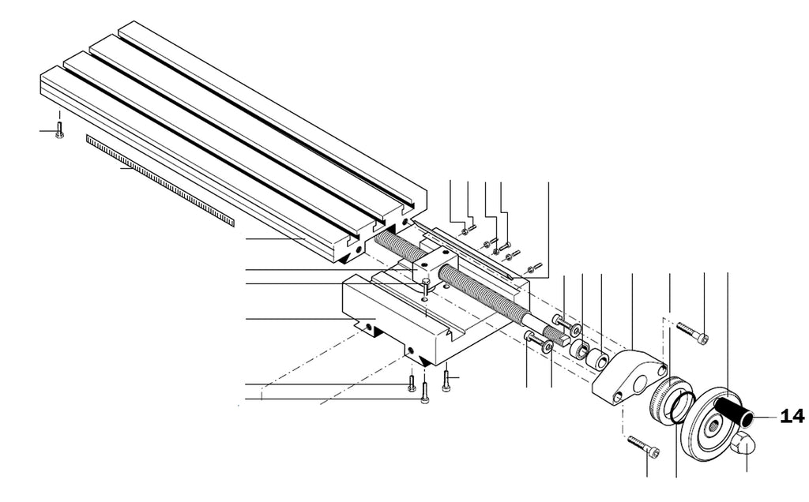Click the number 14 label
tap(792, 415)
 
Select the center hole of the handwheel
tap(713, 425)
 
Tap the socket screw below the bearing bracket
tap(645, 445)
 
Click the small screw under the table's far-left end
tap(59, 129)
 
